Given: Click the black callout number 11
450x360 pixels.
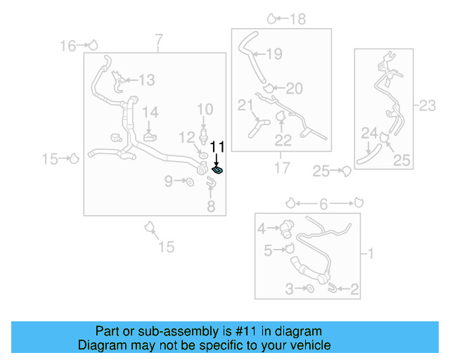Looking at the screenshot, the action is pos(217,147).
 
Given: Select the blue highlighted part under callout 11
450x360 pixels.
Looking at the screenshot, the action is pos(219,169).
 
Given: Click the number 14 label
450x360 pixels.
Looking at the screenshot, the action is pos(150,112).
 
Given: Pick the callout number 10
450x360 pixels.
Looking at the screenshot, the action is pos(205,109).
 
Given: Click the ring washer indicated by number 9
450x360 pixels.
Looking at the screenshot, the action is pos(189,183).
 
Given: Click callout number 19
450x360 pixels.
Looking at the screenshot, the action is pos(274,53).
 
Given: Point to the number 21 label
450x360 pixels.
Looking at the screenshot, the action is pos(245,105).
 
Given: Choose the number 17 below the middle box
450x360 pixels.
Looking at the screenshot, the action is pos(281,168).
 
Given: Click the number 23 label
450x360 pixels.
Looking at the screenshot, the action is pos(428,105).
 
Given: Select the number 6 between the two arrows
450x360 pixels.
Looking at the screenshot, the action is pos(323,204).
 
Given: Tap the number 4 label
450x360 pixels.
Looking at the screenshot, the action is pos(262,228).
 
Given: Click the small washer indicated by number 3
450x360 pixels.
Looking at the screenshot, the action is pos(310,289).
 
